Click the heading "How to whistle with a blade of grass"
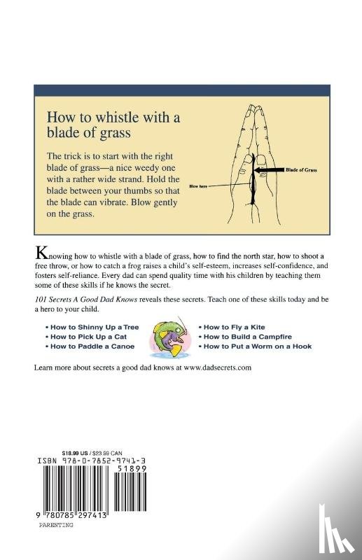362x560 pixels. (113, 125)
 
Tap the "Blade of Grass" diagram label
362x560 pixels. (301, 169)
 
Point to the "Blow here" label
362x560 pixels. (198, 186)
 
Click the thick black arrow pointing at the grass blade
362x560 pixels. (270, 169)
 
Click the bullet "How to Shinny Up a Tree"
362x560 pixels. (92, 327)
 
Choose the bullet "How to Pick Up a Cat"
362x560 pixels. (86, 337)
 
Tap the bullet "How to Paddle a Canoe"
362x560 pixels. (90, 346)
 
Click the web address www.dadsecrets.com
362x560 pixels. (218, 367)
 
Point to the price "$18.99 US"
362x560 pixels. (75, 453)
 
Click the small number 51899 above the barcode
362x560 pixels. (132, 468)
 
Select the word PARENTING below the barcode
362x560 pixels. (56, 525)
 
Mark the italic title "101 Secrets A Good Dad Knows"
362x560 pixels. (85, 300)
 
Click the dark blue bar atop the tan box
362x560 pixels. (182, 90)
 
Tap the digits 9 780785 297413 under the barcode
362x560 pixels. (72, 516)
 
